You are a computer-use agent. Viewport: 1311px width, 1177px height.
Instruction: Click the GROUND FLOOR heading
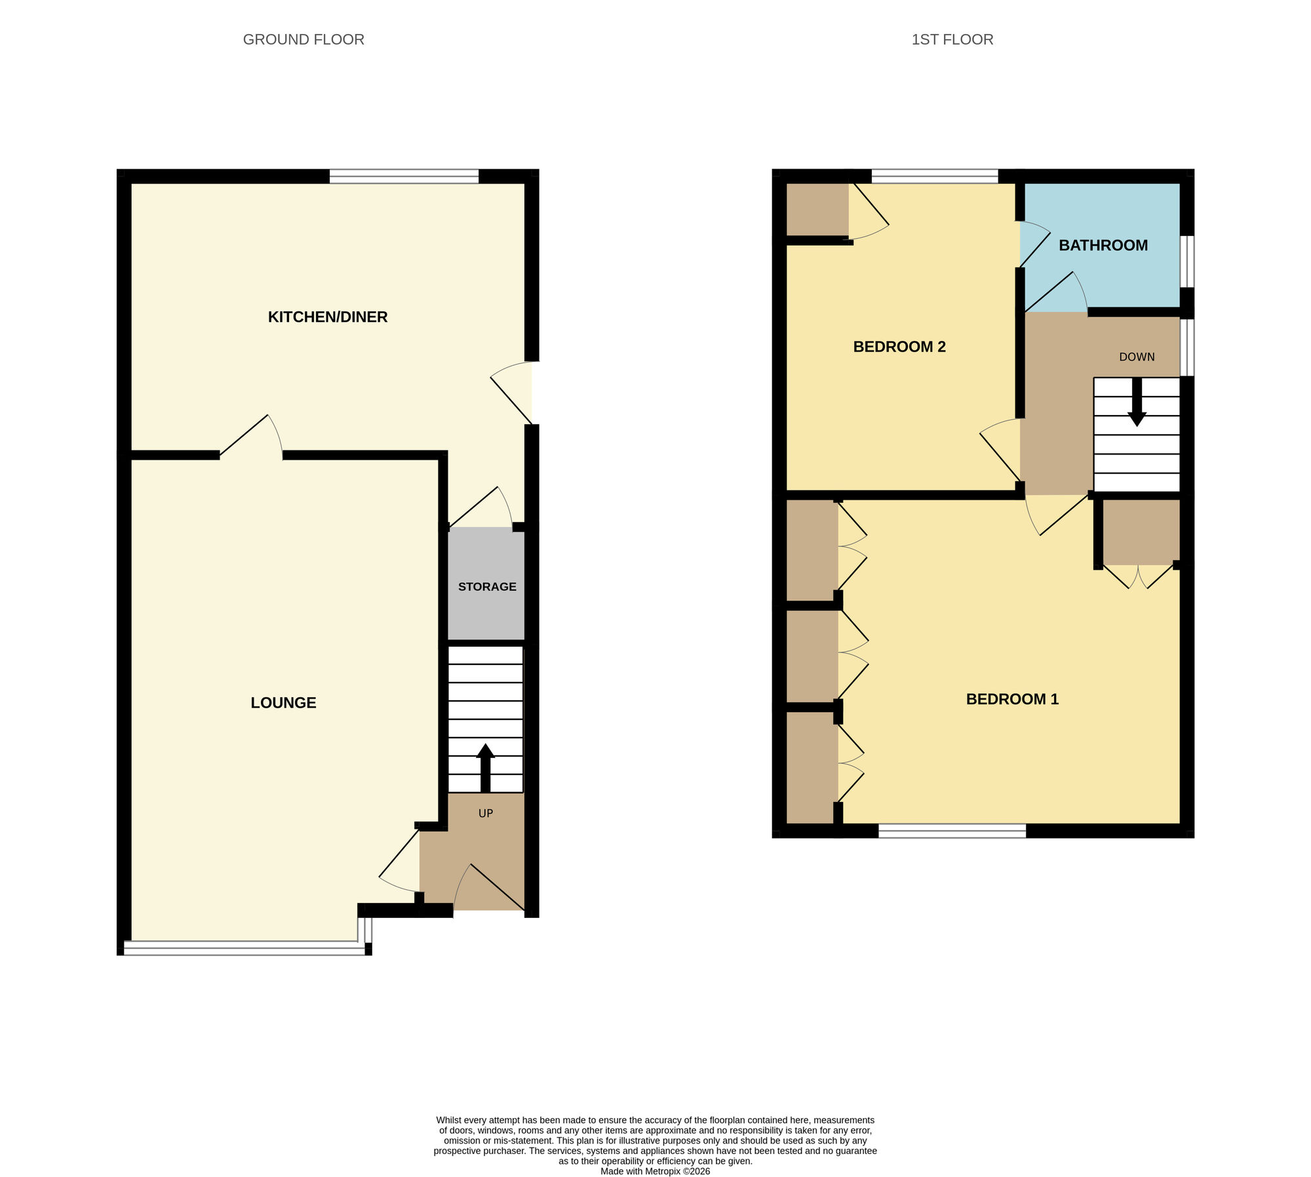point(303,39)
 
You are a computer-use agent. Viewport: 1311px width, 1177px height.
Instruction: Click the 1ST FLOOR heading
point(952,39)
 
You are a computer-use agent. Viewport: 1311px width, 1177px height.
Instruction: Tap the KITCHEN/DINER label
point(328,317)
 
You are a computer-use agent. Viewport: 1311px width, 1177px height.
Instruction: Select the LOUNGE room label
point(283,703)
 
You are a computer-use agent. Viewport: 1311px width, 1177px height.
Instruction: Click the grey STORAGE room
point(486,586)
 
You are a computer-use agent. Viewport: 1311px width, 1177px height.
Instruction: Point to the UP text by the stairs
point(485,813)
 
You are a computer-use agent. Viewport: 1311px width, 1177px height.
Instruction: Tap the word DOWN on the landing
point(1137,357)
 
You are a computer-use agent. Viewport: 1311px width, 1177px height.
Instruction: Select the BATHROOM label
point(1103,245)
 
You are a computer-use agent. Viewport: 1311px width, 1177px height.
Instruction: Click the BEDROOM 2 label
point(899,347)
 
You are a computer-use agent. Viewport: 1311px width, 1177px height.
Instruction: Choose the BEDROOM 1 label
point(1012,699)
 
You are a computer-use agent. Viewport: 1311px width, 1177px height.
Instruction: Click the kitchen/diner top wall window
point(404,176)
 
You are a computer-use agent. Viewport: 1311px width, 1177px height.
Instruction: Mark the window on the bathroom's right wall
point(1186,261)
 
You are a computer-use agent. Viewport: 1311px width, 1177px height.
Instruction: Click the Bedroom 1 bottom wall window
point(952,831)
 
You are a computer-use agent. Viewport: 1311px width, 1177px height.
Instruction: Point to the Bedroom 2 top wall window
point(934,176)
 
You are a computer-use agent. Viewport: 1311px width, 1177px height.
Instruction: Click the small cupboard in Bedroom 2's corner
point(817,209)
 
